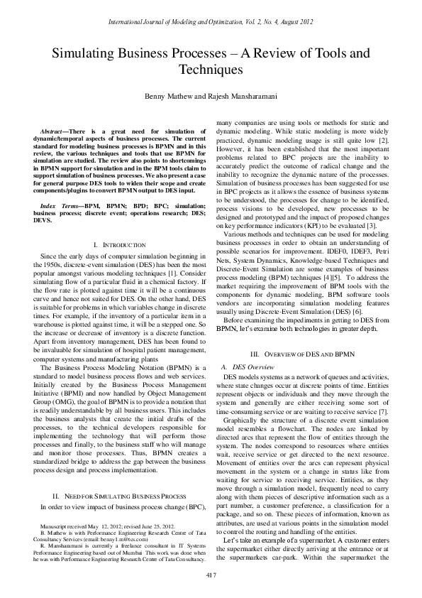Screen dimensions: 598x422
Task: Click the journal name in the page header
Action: click(211, 23)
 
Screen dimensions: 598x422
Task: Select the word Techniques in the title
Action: click(211, 70)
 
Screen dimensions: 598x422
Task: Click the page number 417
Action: click(211, 574)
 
